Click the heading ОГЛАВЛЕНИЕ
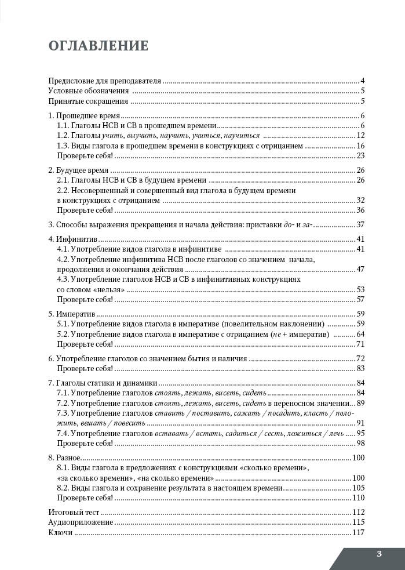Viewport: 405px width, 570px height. coord(98,46)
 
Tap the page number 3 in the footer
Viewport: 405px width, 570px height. coord(379,554)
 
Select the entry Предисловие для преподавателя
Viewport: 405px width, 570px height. coord(104,81)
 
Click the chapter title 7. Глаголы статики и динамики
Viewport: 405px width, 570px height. coord(103,383)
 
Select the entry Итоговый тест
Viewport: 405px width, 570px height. coord(74,513)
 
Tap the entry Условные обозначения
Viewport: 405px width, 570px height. coord(89,91)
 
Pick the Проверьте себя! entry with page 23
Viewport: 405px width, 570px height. coord(85,155)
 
